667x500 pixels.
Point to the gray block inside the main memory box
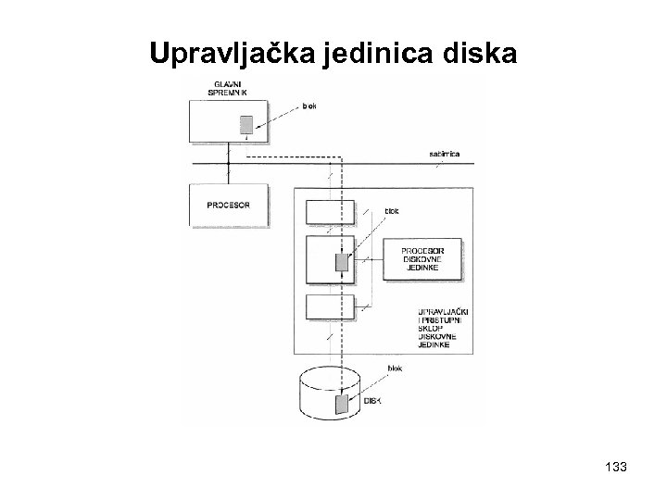[247, 125]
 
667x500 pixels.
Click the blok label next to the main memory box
[310, 106]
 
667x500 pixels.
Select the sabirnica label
[447, 154]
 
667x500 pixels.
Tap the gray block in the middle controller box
[342, 262]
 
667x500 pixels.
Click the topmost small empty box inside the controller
[330, 211]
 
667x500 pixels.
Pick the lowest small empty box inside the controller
[330, 306]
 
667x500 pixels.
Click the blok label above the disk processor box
[393, 211]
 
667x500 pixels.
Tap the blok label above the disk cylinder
[394, 367]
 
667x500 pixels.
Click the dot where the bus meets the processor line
[226, 164]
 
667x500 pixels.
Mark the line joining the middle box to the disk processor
[371, 259]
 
